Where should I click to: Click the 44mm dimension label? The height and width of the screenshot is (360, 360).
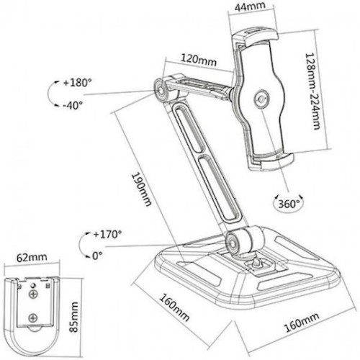(250, 6)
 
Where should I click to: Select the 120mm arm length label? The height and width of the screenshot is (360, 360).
(199, 60)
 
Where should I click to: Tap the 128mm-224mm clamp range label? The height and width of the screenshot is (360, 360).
(313, 91)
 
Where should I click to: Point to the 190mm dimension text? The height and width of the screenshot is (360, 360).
(142, 189)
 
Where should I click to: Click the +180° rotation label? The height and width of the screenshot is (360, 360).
(77, 83)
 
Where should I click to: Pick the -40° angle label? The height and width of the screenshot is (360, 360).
(73, 105)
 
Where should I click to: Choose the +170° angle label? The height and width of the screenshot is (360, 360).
(107, 234)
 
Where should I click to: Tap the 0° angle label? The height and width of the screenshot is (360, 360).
(97, 256)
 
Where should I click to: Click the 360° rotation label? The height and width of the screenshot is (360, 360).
(289, 204)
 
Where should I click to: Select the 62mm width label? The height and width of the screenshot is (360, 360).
(32, 258)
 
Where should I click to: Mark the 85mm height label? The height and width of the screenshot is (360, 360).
(73, 317)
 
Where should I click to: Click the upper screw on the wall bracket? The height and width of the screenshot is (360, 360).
(33, 294)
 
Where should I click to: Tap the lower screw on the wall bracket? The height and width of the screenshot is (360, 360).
(33, 318)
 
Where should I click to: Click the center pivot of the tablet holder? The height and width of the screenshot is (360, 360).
(261, 99)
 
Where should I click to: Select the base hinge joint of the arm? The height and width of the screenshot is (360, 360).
(233, 242)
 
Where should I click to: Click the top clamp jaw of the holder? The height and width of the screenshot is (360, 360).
(255, 37)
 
